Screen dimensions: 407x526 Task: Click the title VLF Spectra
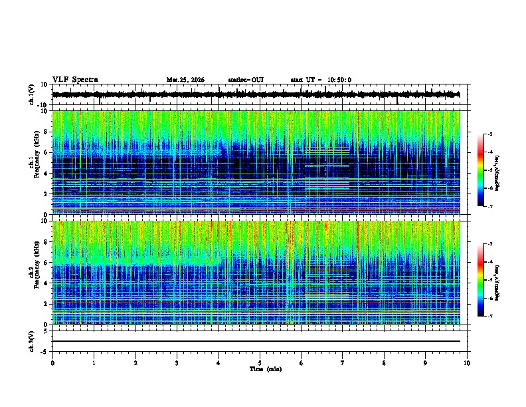(75, 79)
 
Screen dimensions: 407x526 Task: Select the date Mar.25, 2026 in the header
(185, 80)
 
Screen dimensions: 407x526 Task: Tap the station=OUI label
(246, 80)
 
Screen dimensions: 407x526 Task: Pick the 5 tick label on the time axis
(260, 363)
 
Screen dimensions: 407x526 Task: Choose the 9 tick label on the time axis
(426, 363)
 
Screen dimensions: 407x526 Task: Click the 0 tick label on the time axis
(52, 363)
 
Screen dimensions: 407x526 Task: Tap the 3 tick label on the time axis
(177, 363)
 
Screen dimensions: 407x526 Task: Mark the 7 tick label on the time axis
(343, 363)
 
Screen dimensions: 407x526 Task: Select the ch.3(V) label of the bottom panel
(32, 341)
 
